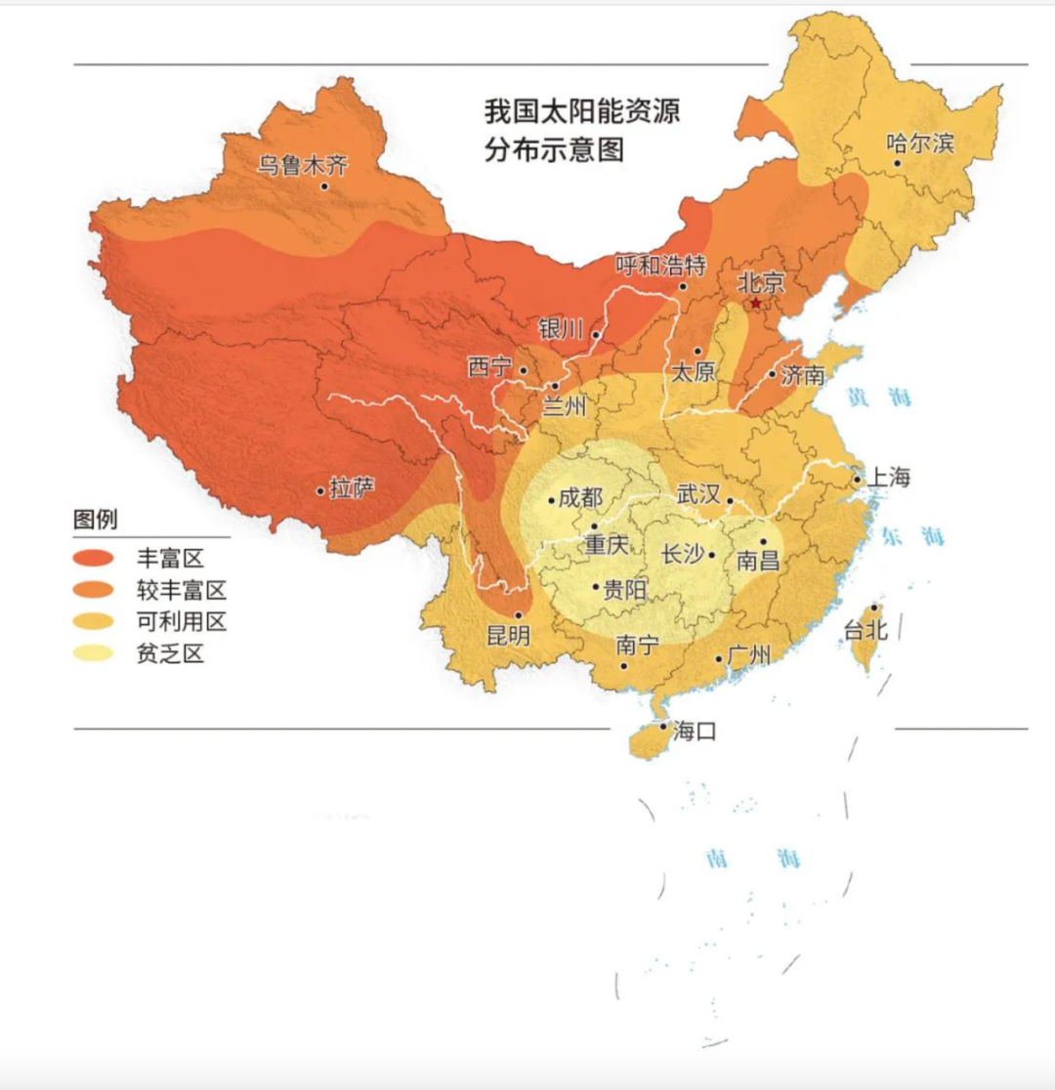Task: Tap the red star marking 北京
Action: pos(755,304)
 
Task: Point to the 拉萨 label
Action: pos(353,487)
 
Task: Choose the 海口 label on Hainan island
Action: pos(695,731)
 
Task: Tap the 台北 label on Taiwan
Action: pos(865,631)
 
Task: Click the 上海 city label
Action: pos(888,478)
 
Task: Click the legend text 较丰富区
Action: pos(182,590)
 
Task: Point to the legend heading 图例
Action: pos(95,519)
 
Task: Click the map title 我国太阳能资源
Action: pos(581,111)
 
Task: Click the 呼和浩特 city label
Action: pos(660,265)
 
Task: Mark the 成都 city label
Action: pos(581,497)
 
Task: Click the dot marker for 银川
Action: pos(596,335)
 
